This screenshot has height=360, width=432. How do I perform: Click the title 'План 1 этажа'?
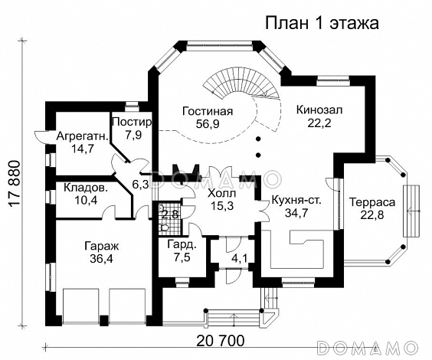(x=322, y=24)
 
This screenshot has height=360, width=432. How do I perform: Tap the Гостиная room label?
(x=208, y=111)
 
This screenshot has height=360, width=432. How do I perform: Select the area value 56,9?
(x=208, y=124)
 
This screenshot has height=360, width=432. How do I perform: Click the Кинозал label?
(x=319, y=110)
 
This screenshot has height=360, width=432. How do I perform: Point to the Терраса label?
(x=372, y=202)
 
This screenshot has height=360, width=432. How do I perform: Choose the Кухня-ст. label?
(x=296, y=200)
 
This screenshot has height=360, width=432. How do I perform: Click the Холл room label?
(x=221, y=193)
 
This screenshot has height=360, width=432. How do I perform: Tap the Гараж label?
(x=101, y=246)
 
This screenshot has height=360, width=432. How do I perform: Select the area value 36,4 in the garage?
(x=101, y=259)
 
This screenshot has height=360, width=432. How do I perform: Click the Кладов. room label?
(x=86, y=188)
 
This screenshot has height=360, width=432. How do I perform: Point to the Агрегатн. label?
(x=83, y=136)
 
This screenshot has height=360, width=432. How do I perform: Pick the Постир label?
(x=132, y=122)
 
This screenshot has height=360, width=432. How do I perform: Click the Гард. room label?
(x=182, y=245)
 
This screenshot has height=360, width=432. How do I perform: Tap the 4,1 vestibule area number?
(x=239, y=259)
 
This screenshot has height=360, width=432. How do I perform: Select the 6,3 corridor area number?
(x=140, y=185)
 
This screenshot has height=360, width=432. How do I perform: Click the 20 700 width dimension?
(x=221, y=341)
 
